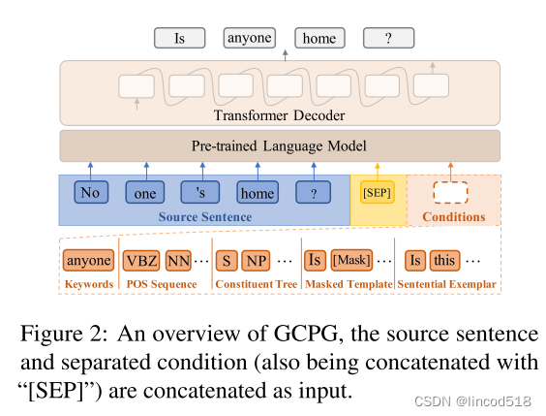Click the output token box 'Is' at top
179,39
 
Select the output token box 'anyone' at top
249,39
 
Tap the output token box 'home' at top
318,39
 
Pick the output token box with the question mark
389,39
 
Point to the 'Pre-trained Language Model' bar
280,146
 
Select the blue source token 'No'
90,192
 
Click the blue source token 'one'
145,192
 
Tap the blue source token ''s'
200,192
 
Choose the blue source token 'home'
257,192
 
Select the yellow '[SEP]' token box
377,193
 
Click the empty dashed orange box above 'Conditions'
450,193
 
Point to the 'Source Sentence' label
205,217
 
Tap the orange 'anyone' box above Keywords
88,260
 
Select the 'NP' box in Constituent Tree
257,260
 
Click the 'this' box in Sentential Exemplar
444,260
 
